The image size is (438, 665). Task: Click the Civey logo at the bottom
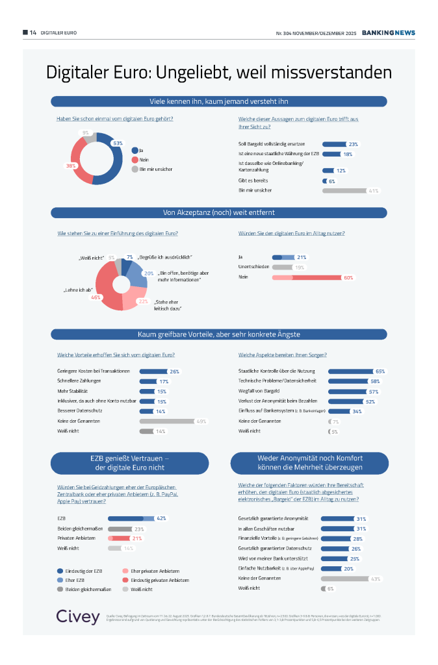77,617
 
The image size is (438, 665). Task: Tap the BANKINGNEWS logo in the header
388,32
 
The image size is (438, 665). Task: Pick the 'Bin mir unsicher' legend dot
135,169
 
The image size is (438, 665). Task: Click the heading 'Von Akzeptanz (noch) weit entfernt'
219,212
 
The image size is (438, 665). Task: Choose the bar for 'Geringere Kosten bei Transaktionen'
153,371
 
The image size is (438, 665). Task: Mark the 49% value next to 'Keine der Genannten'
201,421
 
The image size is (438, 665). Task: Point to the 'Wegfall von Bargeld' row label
258,392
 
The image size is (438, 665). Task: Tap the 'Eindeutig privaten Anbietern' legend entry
160,580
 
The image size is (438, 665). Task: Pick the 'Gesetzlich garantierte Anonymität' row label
273,518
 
